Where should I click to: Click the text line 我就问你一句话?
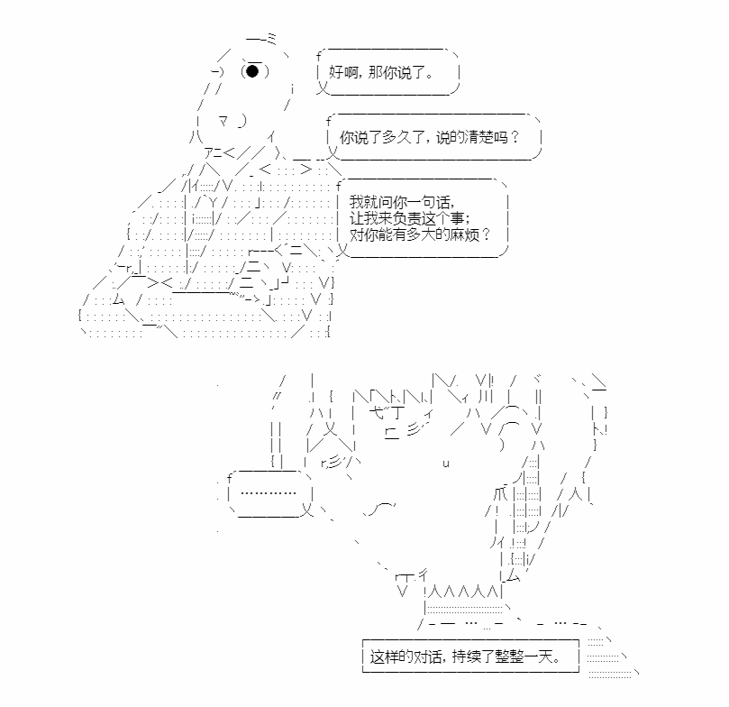pos(402,201)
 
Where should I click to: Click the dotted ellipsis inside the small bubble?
pos(269,492)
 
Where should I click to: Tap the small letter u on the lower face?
pos(447,463)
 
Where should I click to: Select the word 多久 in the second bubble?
pos(403,139)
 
